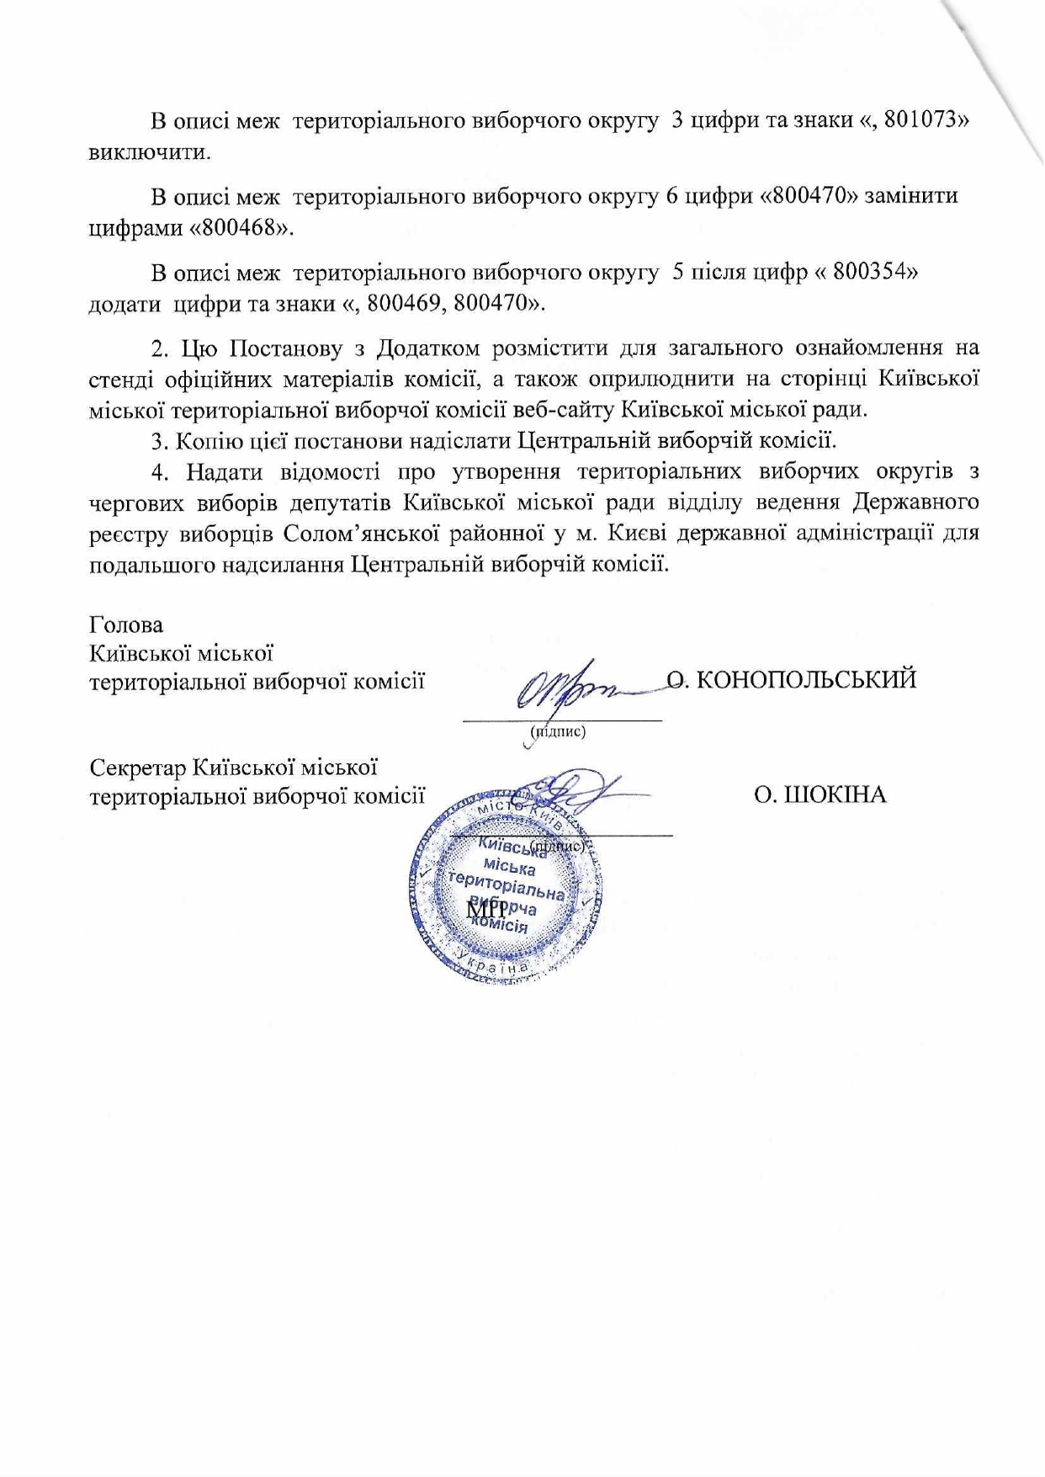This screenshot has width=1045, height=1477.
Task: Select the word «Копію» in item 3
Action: pyautogui.click(x=207, y=440)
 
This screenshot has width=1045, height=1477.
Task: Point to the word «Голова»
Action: pyautogui.click(x=126, y=625)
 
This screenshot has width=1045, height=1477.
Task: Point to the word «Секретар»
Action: pyautogui.click(x=138, y=768)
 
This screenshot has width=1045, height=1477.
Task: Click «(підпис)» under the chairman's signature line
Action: pyautogui.click(x=557, y=731)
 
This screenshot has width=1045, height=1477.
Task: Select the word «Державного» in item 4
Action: pyautogui.click(x=915, y=502)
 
